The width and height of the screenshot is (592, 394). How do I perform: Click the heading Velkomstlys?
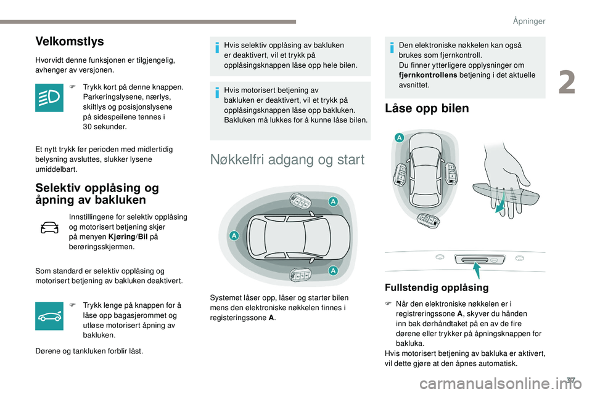[x=70, y=42]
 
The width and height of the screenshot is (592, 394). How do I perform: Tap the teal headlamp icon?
[x=49, y=98]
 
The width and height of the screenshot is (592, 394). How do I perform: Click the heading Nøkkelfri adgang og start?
[x=287, y=160]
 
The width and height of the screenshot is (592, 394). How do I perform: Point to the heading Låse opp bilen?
[x=426, y=108]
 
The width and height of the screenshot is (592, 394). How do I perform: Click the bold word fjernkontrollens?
[x=427, y=75]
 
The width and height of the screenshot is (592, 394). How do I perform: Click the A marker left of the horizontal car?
[x=234, y=235]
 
